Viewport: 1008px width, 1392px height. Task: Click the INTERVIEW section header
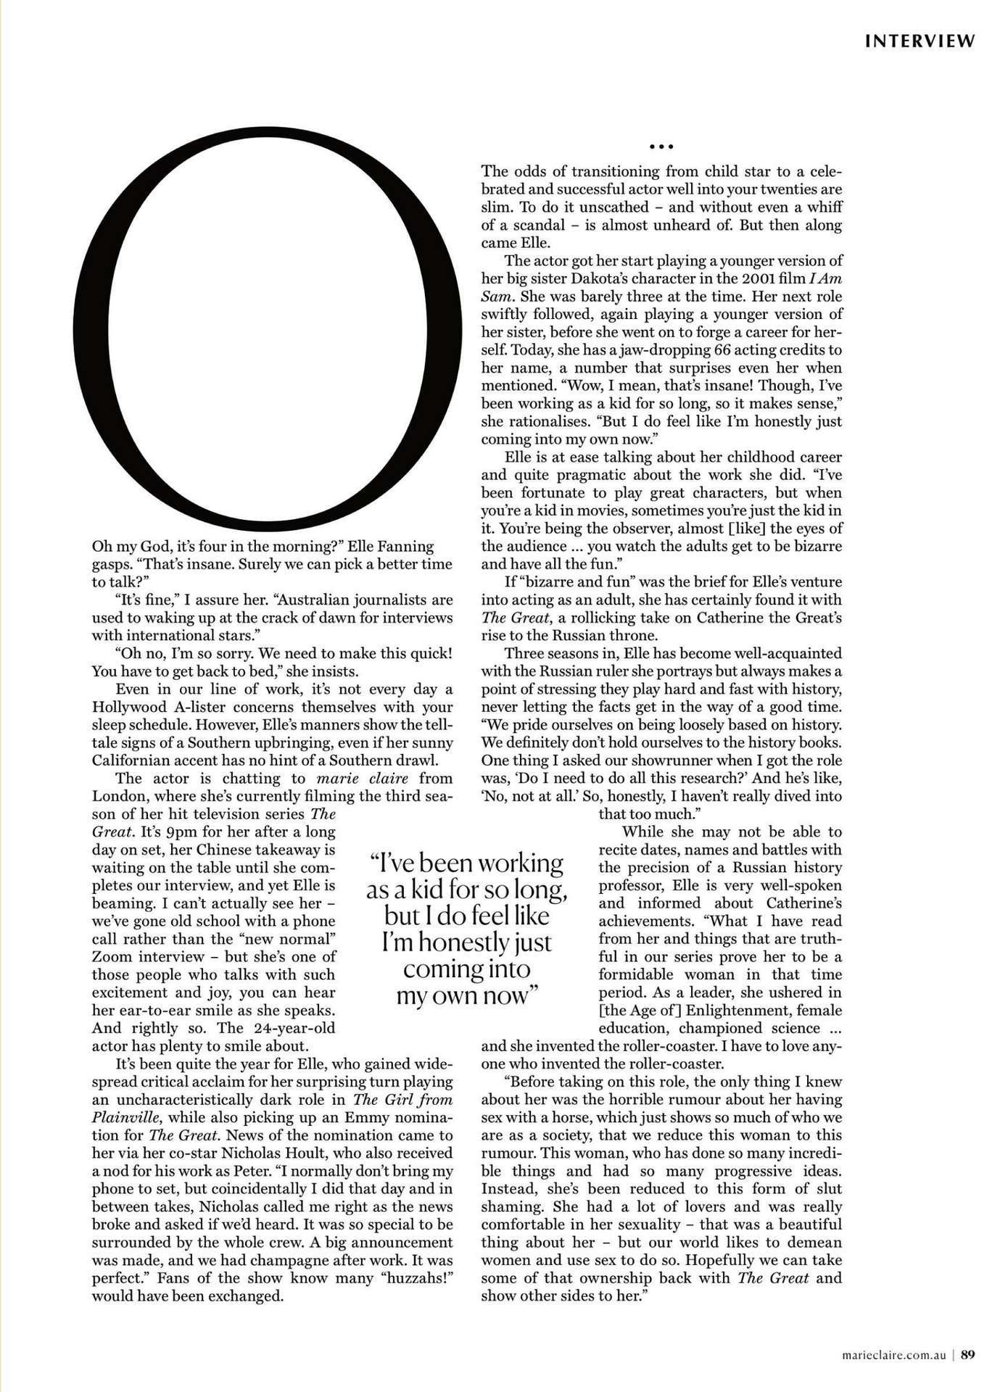click(x=920, y=41)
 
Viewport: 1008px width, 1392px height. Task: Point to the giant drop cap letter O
click(x=268, y=330)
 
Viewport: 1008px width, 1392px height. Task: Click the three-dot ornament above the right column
click(x=661, y=146)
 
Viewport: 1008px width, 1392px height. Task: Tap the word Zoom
click(x=112, y=956)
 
